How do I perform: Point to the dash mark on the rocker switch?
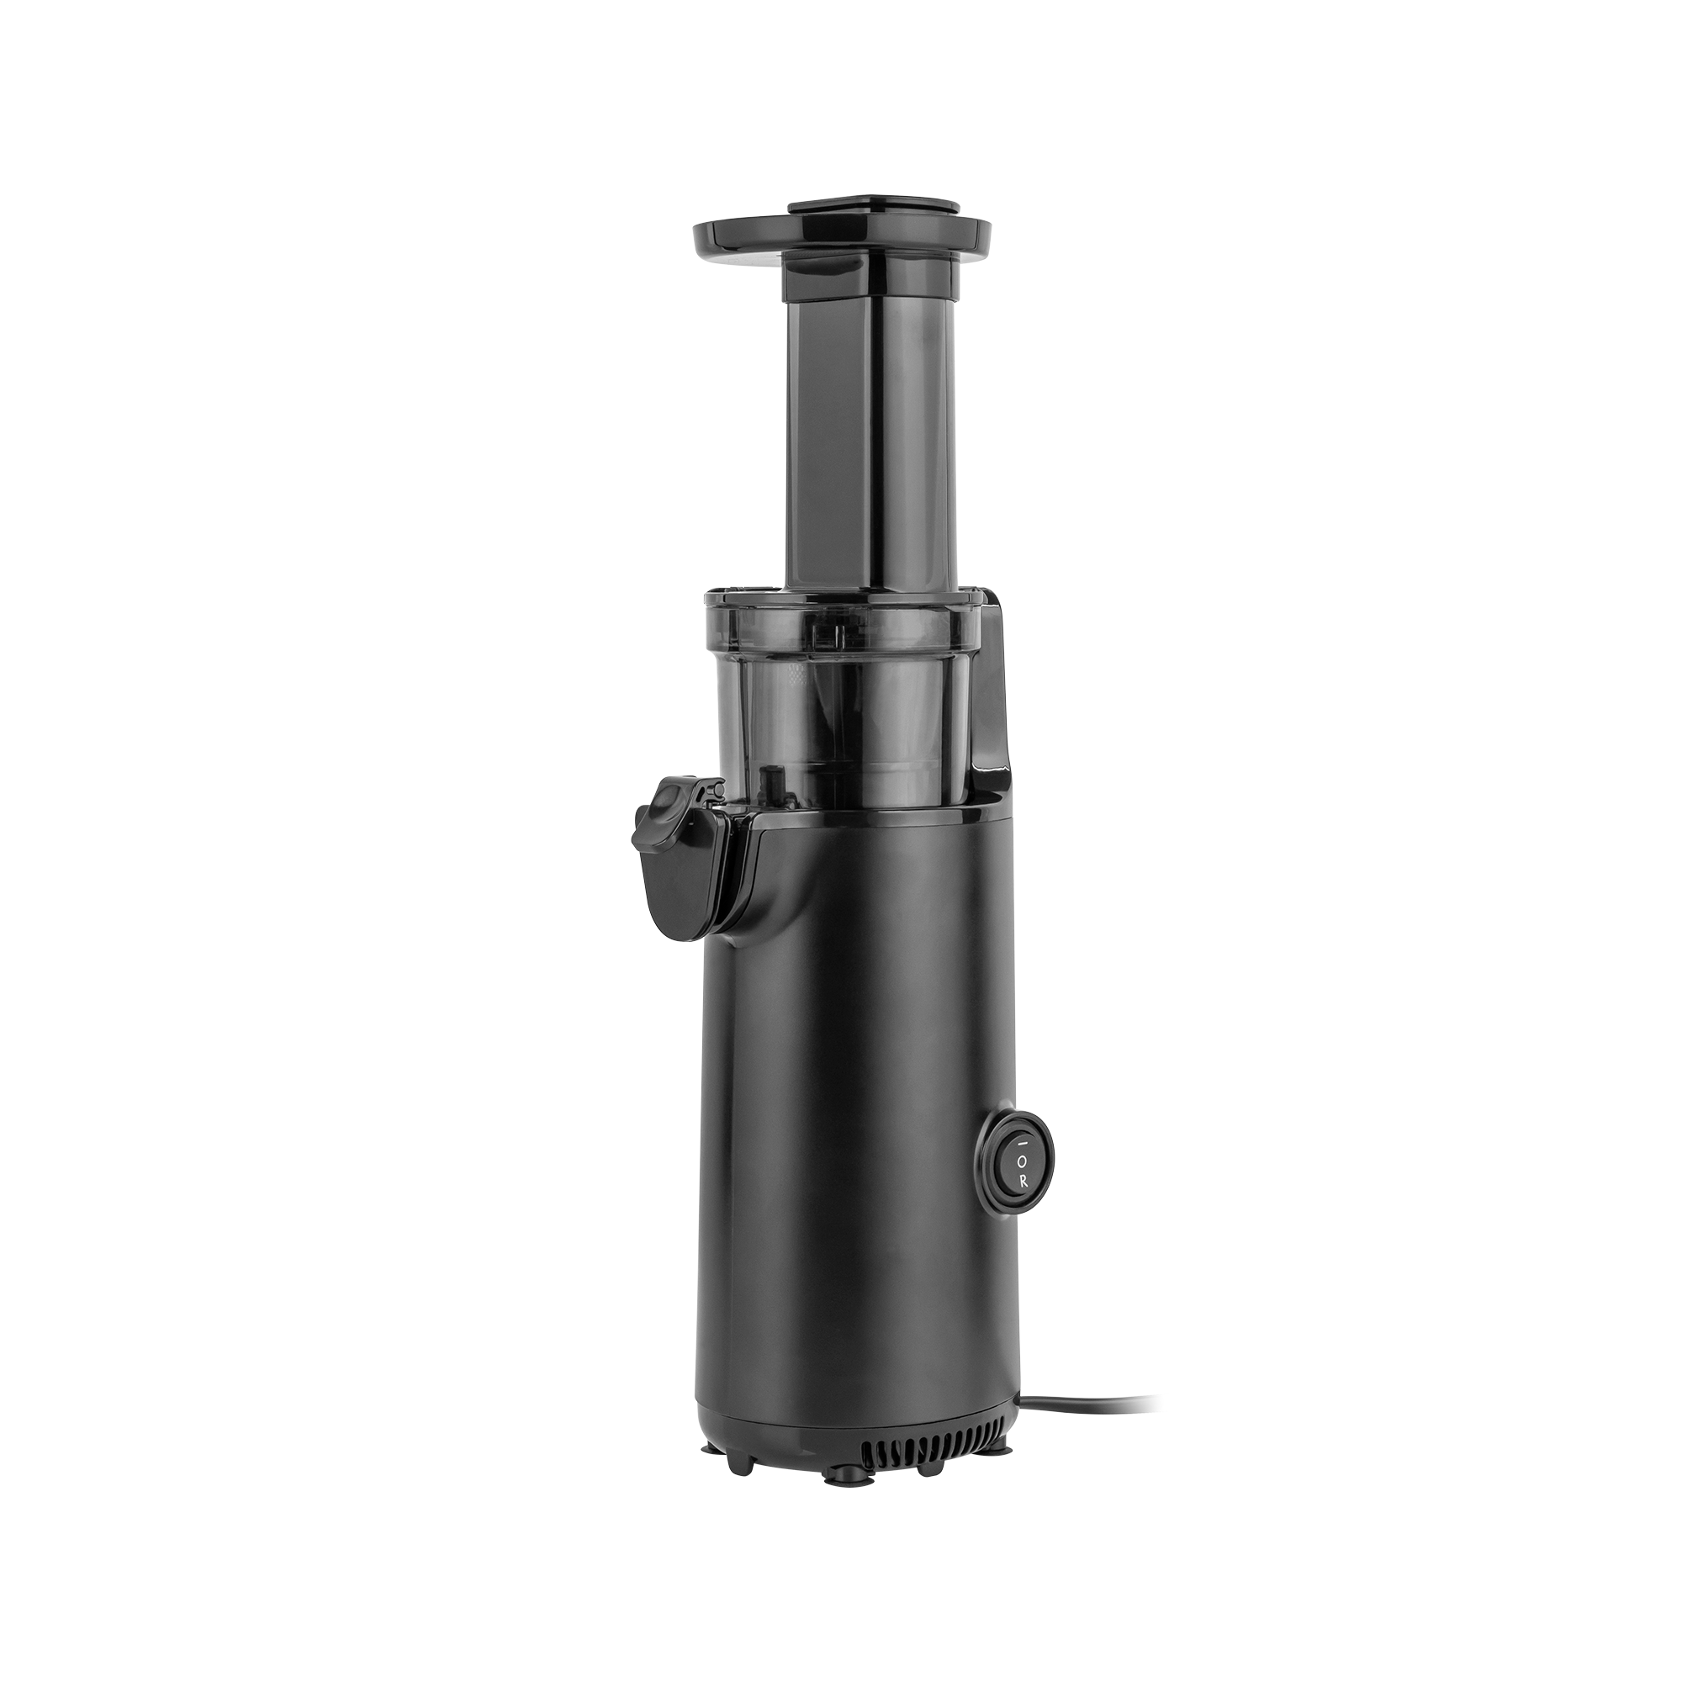pos(1023,1141)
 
